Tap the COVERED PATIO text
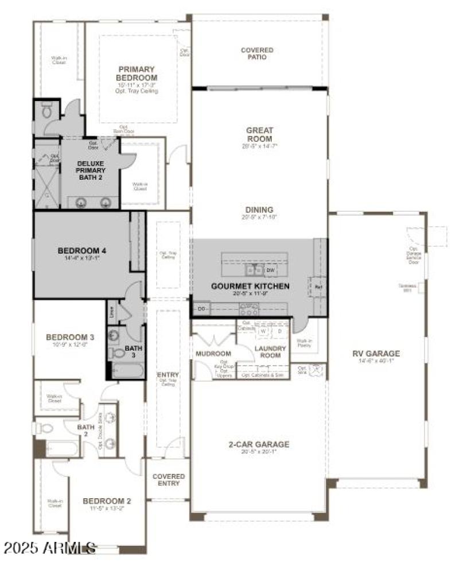pos(256,53)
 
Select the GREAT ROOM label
pos(259,134)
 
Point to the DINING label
pos(259,210)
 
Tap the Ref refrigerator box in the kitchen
pos(317,285)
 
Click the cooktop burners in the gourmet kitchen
pos(248,310)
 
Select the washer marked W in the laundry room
pos(263,331)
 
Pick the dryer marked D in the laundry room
pos(279,331)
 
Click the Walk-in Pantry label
pos(304,343)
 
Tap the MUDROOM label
pos(213,354)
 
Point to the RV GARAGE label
pos(376,354)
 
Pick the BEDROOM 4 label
pos(82,250)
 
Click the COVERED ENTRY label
pos(169,479)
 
